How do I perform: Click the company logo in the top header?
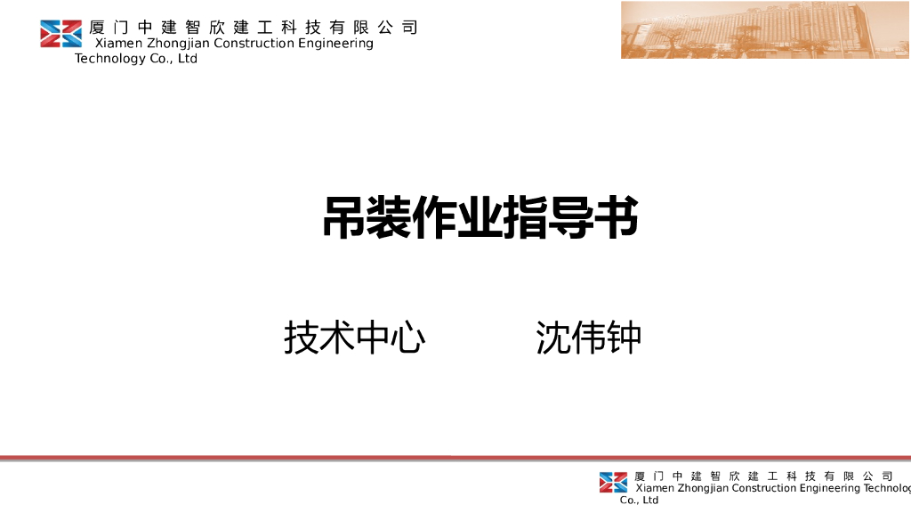tap(60, 33)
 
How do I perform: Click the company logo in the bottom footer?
tap(613, 482)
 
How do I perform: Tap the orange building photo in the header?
tap(765, 30)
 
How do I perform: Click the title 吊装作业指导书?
tap(480, 217)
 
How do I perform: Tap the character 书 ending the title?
tap(616, 217)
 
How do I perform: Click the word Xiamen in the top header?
tap(119, 44)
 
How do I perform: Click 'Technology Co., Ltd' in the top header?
tap(136, 59)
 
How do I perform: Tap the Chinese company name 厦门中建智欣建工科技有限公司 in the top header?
tap(254, 28)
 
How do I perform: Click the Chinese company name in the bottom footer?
tap(763, 476)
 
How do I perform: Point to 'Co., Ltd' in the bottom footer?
tap(640, 501)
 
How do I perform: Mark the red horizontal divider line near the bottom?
tap(455, 458)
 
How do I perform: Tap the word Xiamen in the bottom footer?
tap(655, 488)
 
